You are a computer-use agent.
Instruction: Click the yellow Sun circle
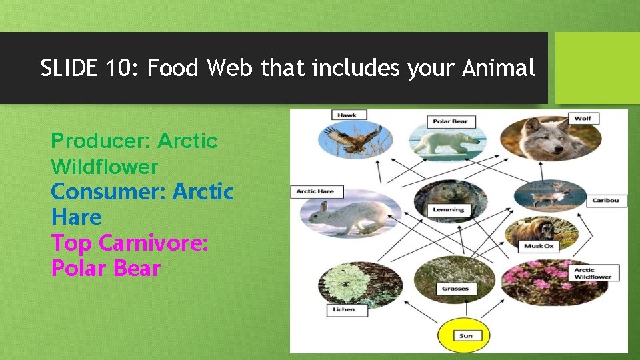click(x=465, y=335)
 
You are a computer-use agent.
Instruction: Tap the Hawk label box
click(x=347, y=115)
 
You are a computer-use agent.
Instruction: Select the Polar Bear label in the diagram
click(x=450, y=122)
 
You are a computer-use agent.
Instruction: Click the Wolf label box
click(x=583, y=119)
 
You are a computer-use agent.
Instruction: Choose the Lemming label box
click(x=448, y=209)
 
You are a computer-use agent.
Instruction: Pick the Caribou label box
click(x=605, y=200)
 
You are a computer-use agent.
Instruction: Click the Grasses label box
click(x=455, y=289)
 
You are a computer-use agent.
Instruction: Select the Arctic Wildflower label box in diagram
click(x=593, y=273)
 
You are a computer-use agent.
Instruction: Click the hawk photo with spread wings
click(x=353, y=141)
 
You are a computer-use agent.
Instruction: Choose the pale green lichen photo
click(x=351, y=285)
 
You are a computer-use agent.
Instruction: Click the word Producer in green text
click(x=101, y=141)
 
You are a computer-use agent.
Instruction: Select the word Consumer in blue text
click(x=108, y=192)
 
